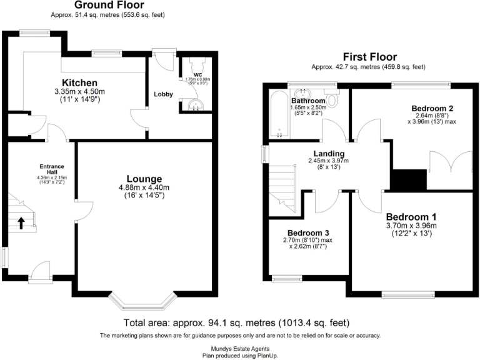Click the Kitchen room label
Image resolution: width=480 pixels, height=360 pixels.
(79, 83)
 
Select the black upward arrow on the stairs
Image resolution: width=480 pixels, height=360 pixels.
(22, 222)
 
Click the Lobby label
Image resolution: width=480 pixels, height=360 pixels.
(163, 94)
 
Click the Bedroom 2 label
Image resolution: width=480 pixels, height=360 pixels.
(431, 108)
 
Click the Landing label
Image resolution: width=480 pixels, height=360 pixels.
(328, 152)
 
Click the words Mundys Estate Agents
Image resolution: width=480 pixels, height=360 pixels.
(240, 347)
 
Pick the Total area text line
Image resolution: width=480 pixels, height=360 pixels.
(240, 323)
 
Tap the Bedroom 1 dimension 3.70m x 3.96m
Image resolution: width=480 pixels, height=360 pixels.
(411, 225)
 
